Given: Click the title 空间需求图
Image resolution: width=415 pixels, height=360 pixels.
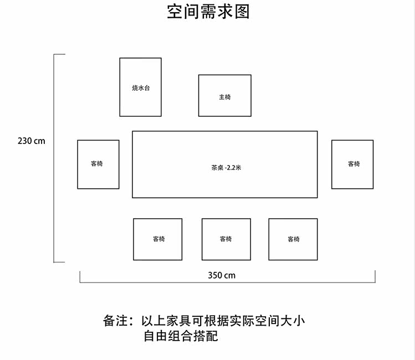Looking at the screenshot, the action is pos(208,12).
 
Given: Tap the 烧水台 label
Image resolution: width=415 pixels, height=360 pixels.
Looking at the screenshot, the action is pos(140,88).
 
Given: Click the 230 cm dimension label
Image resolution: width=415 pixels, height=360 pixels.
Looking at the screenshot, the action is pos(32,141).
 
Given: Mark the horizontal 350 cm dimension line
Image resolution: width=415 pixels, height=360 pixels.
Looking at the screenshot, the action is pos(139,282).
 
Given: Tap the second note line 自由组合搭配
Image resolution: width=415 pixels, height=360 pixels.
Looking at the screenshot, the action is pos(181,336).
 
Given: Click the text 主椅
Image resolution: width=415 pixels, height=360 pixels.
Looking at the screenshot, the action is pos(224,97).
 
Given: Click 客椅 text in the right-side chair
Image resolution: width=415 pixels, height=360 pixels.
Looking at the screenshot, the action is pos(353,164).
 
